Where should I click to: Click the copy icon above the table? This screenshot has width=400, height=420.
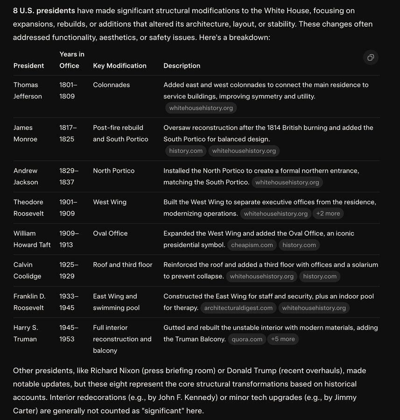(x=371, y=57)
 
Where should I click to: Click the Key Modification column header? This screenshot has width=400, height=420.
(x=119, y=66)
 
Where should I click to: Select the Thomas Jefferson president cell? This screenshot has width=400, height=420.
(x=28, y=91)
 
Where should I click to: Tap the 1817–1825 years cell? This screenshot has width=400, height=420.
(x=68, y=133)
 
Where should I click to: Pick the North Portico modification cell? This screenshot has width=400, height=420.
(x=113, y=171)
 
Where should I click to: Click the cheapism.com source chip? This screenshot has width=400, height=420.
(x=252, y=245)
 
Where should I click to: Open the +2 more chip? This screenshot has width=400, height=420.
(x=328, y=214)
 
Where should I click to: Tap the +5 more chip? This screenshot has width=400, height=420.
(x=283, y=339)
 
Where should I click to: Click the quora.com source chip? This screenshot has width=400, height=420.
(x=247, y=339)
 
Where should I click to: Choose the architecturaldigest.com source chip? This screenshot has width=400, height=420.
(x=238, y=308)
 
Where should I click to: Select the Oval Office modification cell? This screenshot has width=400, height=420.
(x=110, y=233)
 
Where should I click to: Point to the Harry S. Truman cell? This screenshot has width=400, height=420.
(x=25, y=333)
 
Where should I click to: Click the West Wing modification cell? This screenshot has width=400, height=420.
(x=110, y=202)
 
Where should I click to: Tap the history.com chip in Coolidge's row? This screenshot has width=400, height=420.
(x=320, y=276)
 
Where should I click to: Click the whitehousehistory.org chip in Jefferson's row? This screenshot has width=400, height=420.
(x=201, y=108)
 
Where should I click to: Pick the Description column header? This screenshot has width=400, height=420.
(x=182, y=66)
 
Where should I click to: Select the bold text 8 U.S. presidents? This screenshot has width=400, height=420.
(x=44, y=11)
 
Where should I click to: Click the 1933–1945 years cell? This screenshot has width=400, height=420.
(x=69, y=302)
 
